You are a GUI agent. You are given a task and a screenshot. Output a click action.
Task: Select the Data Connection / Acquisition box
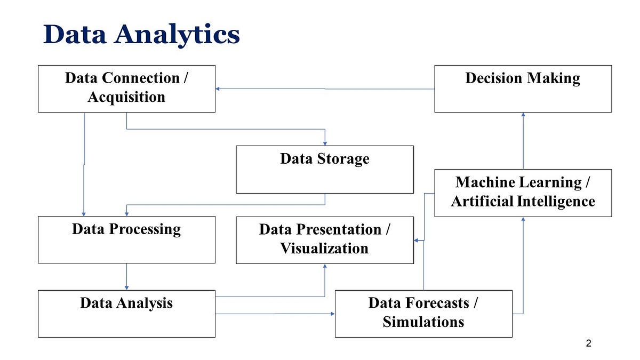126,89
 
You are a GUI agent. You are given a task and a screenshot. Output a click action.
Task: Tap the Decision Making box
523,89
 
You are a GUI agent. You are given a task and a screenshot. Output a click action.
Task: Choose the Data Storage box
324,169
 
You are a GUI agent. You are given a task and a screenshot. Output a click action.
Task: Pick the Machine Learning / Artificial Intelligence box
523,193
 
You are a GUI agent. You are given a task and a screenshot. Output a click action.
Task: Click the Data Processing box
126,239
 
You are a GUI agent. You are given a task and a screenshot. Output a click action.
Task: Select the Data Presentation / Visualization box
324,240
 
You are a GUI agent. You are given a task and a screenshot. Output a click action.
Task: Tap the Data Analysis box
126,314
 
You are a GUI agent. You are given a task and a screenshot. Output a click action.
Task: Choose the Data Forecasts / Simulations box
423,314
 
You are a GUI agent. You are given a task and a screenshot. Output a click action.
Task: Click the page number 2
588,343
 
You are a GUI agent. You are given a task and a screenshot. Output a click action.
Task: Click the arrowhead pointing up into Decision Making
523,115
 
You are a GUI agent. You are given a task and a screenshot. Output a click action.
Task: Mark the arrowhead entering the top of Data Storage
325,142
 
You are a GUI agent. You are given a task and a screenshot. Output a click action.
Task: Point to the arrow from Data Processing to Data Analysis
126,276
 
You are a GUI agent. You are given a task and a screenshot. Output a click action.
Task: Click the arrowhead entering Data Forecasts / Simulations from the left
332,314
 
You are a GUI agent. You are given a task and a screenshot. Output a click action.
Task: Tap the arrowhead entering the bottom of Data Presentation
325,267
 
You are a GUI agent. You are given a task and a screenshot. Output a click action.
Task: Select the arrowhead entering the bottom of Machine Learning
523,220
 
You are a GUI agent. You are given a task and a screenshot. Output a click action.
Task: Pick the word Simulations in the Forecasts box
423,322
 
